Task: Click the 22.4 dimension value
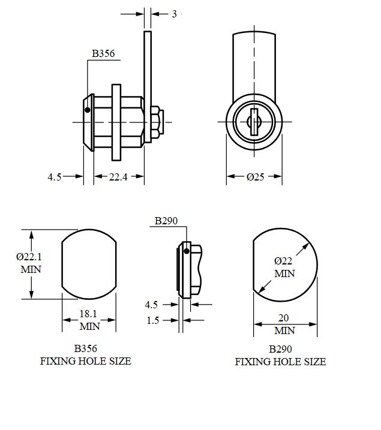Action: tap(119, 176)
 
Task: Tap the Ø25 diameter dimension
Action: tap(254, 176)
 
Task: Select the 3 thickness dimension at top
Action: tap(175, 13)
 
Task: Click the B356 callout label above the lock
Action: tap(103, 54)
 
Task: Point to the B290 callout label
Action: tap(166, 221)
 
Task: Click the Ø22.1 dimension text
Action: tap(29, 257)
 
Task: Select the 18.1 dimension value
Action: tap(89, 313)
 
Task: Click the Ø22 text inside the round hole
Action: tap(284, 261)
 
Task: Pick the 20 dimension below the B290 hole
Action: tap(285, 319)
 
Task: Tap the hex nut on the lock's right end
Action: tap(154, 122)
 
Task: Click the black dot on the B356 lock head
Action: tap(88, 110)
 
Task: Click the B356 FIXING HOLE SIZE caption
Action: tap(85, 355)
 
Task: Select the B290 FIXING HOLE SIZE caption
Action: tap(280, 356)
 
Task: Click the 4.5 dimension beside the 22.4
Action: tap(55, 176)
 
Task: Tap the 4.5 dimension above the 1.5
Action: tap(152, 305)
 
